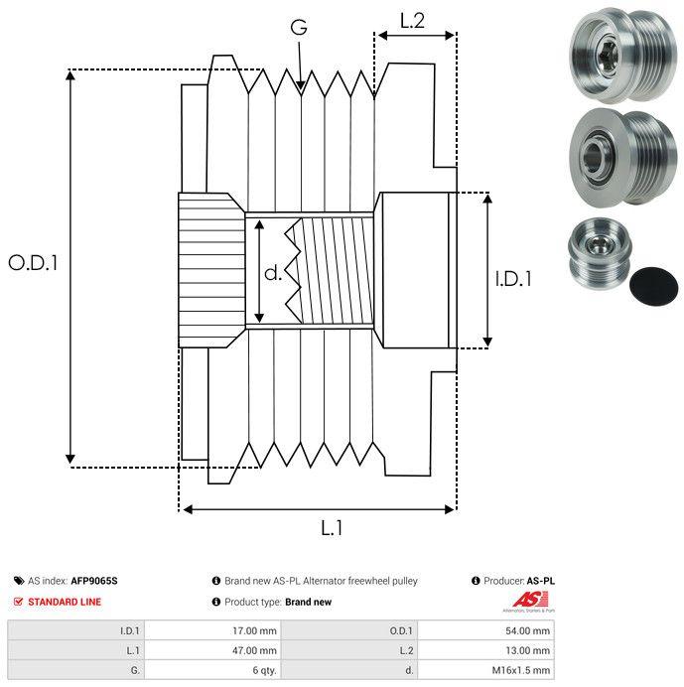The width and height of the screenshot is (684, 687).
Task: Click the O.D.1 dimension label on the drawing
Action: [34, 263]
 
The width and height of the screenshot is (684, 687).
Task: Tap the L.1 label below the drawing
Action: [332, 528]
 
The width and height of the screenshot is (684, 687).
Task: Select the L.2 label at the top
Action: [413, 21]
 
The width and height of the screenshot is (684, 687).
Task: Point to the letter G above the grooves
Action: [299, 27]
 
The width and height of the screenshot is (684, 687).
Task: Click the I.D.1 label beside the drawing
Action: [513, 279]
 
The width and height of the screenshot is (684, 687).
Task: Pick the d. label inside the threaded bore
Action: [273, 273]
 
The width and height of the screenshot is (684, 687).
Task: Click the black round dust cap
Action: [653, 285]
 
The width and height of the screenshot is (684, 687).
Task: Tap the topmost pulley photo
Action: [622, 56]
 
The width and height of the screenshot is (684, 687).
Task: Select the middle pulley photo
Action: [622, 158]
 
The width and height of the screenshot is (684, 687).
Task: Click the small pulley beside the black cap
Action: [600, 253]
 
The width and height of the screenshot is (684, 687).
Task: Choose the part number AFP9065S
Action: [94, 581]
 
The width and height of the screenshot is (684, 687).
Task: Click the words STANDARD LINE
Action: [65, 602]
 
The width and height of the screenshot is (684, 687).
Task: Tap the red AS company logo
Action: [529, 601]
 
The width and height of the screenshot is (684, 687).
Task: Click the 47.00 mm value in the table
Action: [254, 650]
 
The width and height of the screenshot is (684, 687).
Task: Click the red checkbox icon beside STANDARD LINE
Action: [18, 602]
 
